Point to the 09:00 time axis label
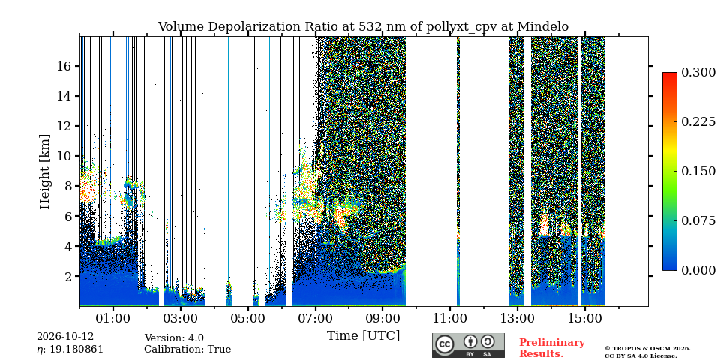[x=382, y=318]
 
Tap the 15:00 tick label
[x=584, y=318]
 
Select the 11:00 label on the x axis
[x=450, y=318]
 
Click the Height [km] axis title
[x=44, y=172]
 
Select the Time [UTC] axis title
[x=363, y=336]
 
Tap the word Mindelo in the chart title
[x=543, y=27]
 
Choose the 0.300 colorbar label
[x=698, y=72]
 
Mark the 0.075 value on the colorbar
[x=698, y=220]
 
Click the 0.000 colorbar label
[x=698, y=270]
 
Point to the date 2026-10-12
[x=65, y=337]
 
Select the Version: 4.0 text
[x=174, y=338]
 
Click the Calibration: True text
[x=187, y=349]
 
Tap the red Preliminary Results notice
[x=552, y=348]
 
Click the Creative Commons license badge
[x=468, y=345]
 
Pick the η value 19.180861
[x=70, y=349]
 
